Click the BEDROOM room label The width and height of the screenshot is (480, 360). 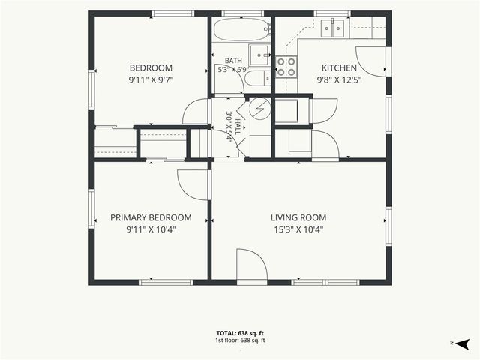tap(151, 67)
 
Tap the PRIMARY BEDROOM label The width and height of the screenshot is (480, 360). tap(151, 217)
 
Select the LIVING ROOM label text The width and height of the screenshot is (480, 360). tap(298, 217)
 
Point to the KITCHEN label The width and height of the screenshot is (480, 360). tap(339, 67)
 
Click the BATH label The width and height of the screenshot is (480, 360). tap(233, 61)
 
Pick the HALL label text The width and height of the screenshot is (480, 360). tap(238, 127)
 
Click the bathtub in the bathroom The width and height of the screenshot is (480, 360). tap(241, 29)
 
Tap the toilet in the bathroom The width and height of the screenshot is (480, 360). tap(257, 78)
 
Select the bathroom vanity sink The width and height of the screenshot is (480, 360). tap(259, 55)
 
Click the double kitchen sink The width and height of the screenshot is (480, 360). tap(332, 28)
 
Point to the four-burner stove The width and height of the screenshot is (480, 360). tap(286, 67)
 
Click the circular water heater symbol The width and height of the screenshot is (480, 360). tap(260, 108)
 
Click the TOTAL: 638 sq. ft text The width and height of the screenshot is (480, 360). tap(240, 333)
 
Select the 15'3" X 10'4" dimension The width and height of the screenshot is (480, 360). tap(298, 229)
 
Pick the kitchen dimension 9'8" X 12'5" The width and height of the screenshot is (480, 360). tap(339, 80)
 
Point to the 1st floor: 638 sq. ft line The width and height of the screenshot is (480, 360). tap(240, 340)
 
